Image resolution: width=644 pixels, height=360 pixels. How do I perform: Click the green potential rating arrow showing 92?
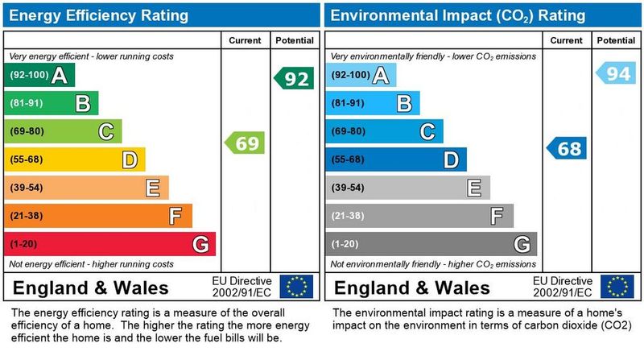(x=295, y=79)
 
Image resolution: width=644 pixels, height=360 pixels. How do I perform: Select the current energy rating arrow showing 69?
(x=245, y=143)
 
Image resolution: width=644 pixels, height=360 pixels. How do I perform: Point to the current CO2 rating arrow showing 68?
(x=567, y=148)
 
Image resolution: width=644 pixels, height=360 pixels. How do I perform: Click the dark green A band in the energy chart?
(x=40, y=76)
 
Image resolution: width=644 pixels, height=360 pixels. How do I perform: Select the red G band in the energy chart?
(x=110, y=243)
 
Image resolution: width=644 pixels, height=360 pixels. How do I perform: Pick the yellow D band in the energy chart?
(x=75, y=159)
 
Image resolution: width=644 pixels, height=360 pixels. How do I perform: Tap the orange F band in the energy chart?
(x=98, y=216)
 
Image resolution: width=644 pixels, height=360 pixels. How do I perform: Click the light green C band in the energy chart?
(x=64, y=131)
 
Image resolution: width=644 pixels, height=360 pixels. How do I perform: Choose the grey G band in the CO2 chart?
(x=431, y=243)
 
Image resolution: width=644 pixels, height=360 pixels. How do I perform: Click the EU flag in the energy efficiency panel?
(x=296, y=287)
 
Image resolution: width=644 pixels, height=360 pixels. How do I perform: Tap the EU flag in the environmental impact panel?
(x=617, y=287)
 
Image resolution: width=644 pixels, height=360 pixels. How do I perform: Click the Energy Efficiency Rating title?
(x=99, y=14)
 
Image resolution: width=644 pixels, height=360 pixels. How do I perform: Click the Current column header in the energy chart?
(x=245, y=39)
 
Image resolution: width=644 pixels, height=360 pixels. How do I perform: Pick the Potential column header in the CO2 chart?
(x=616, y=39)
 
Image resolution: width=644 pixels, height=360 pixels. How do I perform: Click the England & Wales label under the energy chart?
(x=91, y=288)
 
